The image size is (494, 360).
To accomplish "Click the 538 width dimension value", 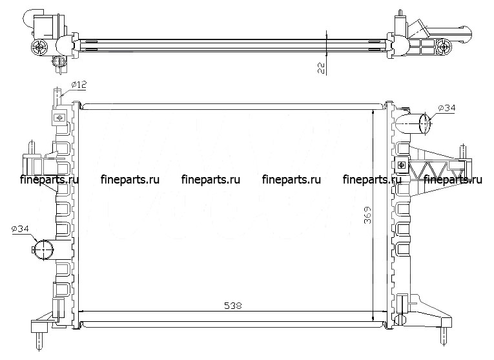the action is [x=233, y=305].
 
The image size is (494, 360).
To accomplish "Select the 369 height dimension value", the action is [x=367, y=215].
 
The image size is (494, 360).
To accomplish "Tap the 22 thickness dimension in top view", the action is [x=321, y=67].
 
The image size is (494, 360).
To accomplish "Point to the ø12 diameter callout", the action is [x=78, y=85].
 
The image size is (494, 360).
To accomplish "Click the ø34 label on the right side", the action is [x=447, y=108].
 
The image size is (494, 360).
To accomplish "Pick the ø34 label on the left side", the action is [x=20, y=229].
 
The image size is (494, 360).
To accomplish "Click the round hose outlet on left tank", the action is [x=43, y=249].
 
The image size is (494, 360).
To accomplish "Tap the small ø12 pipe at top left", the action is [x=56, y=98].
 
